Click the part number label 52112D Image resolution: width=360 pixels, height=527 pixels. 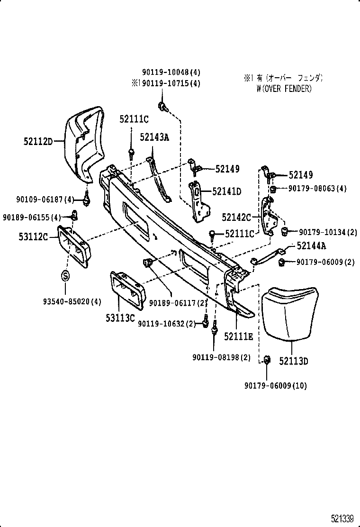pyautogui.click(x=37, y=141)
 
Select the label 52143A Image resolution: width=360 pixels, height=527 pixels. pyautogui.click(x=154, y=137)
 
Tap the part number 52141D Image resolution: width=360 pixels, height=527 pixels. pyautogui.click(x=226, y=191)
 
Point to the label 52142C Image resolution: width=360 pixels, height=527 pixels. pyautogui.click(x=236, y=218)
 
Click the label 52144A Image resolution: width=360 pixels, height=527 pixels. pyautogui.click(x=312, y=245)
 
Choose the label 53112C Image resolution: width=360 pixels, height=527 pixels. pyautogui.click(x=34, y=236)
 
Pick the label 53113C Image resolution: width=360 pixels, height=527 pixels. pyautogui.click(x=120, y=318)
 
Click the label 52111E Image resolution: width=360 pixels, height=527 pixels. pyautogui.click(x=239, y=336)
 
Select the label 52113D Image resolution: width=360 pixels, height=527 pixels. pyautogui.click(x=293, y=361)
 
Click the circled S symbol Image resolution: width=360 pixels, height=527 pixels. pyautogui.click(x=65, y=275)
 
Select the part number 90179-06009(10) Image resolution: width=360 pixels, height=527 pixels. pyautogui.click(x=276, y=386)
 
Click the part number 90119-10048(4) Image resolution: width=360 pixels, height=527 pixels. pyautogui.click(x=171, y=73)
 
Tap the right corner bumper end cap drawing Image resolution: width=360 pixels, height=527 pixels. pyautogui.click(x=289, y=313)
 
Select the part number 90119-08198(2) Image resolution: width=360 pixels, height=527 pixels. pyautogui.click(x=222, y=357)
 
